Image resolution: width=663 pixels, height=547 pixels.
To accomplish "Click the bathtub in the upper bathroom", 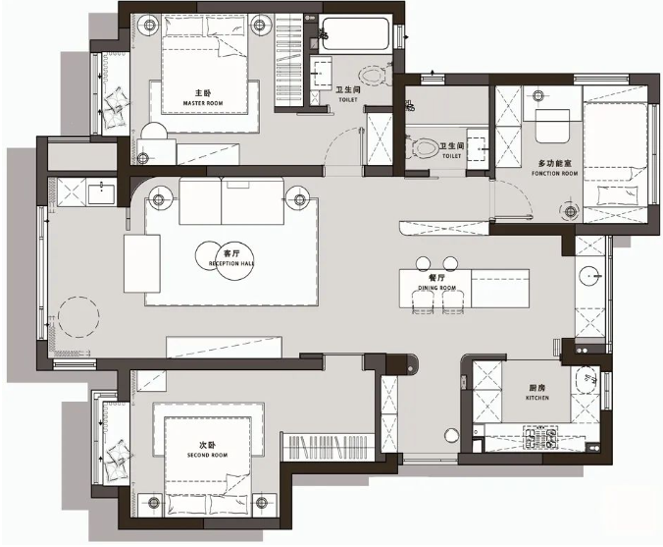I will tap(355, 36).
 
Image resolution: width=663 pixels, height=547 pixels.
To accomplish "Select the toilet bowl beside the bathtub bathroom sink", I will tap(373, 75).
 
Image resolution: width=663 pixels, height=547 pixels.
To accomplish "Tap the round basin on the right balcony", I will tap(590, 276).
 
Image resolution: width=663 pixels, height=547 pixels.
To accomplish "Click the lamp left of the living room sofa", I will tap(157, 199).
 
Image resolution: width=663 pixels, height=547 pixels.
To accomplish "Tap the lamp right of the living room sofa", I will tap(299, 199).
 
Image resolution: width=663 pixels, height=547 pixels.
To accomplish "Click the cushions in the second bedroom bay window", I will tap(116, 451).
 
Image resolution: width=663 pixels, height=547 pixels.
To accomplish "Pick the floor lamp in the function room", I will tap(568, 208).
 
